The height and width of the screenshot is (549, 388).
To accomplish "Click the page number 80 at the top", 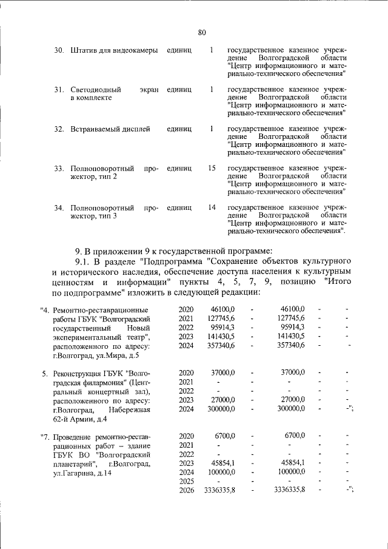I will tap(202, 32).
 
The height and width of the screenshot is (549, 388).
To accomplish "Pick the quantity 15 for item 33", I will tap(212, 168).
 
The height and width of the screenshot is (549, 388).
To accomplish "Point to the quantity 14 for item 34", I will tap(212, 207).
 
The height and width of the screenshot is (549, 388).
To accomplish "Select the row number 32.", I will tap(59, 129).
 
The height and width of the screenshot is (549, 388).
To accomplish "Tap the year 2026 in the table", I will tap(186, 490).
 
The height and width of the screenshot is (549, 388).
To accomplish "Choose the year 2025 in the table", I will tap(186, 481).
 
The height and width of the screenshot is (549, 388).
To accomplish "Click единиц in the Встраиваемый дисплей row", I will tap(179, 129).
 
